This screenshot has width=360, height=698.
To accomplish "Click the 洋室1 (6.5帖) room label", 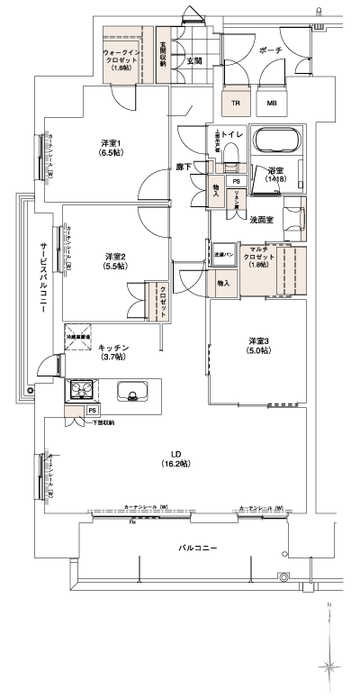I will pyautogui.click(x=112, y=149).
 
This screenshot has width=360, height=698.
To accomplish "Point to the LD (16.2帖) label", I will pyautogui.click(x=174, y=458).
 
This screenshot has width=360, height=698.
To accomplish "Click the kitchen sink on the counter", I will pyautogui.click(x=132, y=393).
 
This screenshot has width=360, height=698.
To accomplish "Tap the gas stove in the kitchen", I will pyautogui.click(x=83, y=391).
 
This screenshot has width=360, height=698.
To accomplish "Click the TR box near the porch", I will pyautogui.click(x=236, y=104).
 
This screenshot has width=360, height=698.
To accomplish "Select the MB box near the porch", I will pyautogui.click(x=270, y=104).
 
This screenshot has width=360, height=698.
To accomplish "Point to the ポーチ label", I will pyautogui.click(x=269, y=51).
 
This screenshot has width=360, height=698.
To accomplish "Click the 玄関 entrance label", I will pyautogui.click(x=193, y=60).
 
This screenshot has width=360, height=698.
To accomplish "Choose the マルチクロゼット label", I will pyautogui.click(x=255, y=256).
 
